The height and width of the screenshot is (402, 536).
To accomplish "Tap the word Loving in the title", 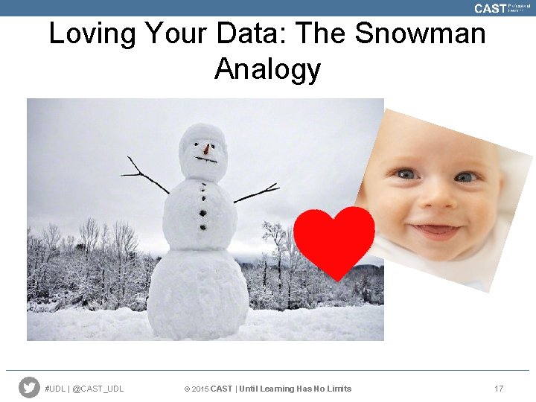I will coord(92,33).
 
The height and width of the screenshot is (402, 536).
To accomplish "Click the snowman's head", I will coord(203,152).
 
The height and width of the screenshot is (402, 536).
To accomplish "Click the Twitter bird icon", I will coord(29,388).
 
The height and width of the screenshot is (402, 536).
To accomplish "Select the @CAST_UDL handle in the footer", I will coord(99,389).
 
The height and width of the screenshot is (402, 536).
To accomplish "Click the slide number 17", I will coord(499,389).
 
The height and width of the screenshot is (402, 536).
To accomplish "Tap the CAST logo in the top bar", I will coord(490,8).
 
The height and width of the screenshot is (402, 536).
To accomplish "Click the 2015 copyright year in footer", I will coord(200,389).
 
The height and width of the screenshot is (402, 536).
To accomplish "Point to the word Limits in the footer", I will coord(339,389).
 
